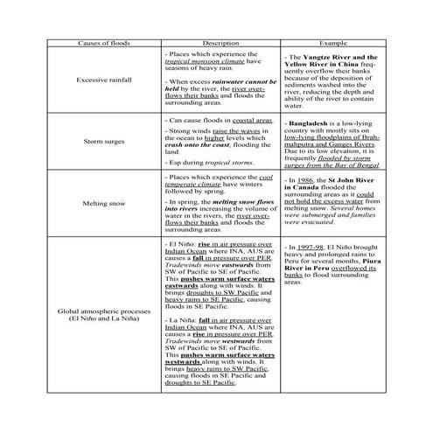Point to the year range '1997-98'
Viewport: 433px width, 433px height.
point(307,247)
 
